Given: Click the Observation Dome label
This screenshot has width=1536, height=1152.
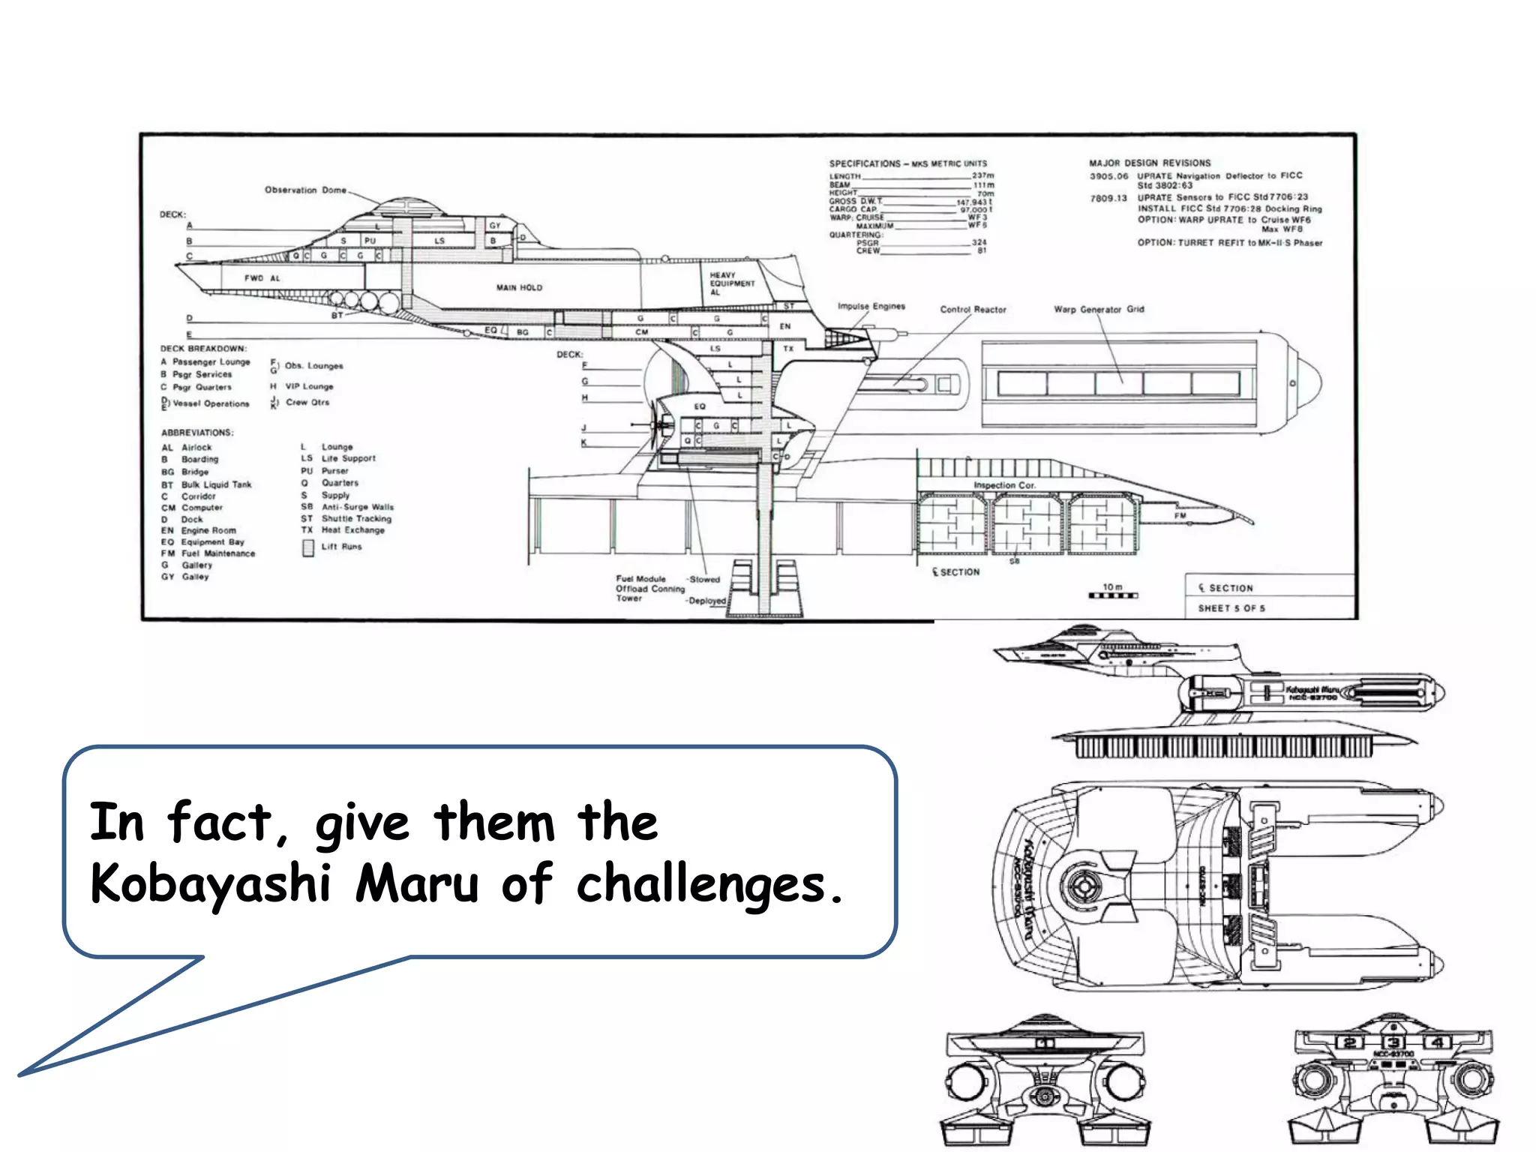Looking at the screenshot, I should [x=305, y=190].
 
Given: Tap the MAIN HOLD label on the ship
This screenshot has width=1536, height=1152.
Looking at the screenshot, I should [x=519, y=287].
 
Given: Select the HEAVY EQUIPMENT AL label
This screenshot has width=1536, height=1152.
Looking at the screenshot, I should [x=731, y=283].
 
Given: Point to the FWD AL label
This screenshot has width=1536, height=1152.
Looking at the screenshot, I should [x=262, y=278].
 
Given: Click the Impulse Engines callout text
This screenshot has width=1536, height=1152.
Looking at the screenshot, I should [x=871, y=306].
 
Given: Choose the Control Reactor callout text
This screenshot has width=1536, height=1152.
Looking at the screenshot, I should [x=973, y=309].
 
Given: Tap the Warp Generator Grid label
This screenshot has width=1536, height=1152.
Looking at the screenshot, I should [x=1099, y=309].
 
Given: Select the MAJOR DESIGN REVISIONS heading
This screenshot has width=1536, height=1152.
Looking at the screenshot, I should [x=1150, y=163].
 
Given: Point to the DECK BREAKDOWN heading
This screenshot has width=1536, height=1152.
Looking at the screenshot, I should [x=203, y=349].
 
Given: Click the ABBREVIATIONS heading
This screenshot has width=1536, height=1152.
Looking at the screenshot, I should [x=197, y=433].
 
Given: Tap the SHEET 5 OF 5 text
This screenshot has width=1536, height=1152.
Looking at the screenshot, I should [x=1231, y=608].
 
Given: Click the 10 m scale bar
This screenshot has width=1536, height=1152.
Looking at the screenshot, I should [x=1113, y=595].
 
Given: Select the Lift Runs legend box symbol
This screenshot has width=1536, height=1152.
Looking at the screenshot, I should [x=308, y=548].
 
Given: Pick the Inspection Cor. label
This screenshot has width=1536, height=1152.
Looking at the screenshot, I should [x=1004, y=485].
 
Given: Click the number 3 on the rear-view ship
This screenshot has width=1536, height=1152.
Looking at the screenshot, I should [x=1393, y=1042].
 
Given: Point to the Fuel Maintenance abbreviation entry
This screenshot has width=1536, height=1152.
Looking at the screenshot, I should [x=217, y=553].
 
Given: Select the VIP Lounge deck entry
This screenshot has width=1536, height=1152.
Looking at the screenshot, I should [x=309, y=386].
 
